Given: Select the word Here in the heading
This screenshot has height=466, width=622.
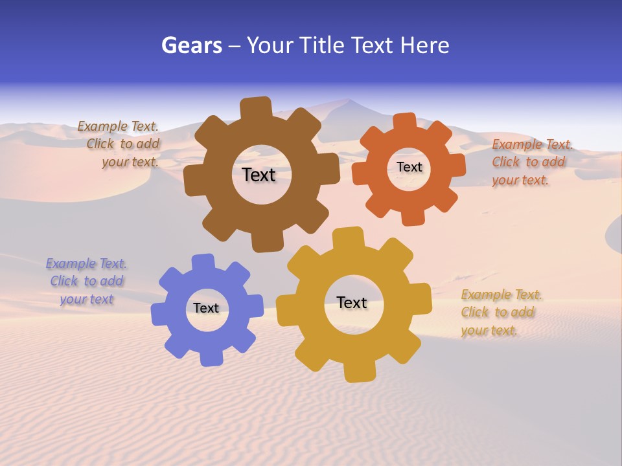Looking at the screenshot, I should [x=424, y=45].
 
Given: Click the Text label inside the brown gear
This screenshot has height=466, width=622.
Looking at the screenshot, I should [x=259, y=175].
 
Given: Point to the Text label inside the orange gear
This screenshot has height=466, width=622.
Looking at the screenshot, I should [x=409, y=167].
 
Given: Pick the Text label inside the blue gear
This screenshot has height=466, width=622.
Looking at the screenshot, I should [x=206, y=308].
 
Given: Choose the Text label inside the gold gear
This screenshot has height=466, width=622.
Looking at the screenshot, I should [x=352, y=302].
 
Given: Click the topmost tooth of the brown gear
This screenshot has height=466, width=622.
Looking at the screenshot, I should [x=256, y=107].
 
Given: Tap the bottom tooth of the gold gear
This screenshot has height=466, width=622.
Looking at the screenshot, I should [x=359, y=372].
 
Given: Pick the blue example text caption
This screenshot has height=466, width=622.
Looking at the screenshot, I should [x=86, y=282].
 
